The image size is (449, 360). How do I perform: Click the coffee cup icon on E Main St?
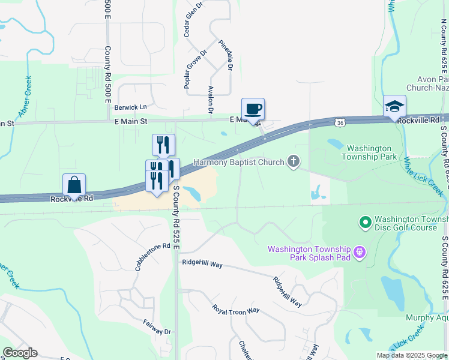click(253, 109)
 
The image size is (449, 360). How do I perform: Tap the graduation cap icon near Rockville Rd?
click(394, 106)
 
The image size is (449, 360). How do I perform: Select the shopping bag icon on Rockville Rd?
click(74, 185)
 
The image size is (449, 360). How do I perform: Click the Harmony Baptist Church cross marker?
click(293, 161)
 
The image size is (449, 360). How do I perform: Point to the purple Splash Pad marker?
click(360, 252)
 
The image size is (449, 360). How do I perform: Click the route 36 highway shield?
click(340, 122)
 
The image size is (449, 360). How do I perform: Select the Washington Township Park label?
click(369, 152)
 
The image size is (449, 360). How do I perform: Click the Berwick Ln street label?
click(131, 107)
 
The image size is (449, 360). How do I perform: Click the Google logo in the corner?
click(20, 353)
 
